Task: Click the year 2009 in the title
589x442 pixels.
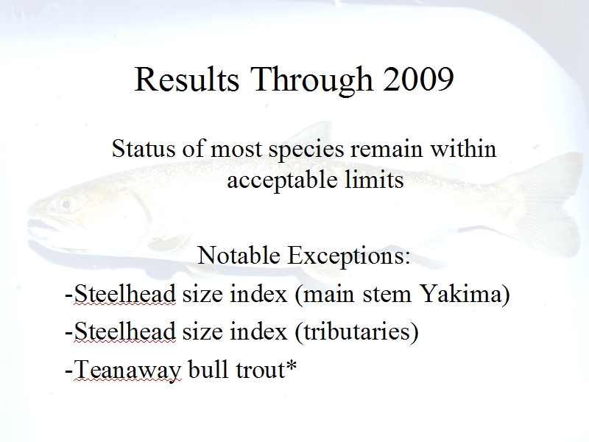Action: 418,80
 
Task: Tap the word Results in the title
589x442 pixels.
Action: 187,80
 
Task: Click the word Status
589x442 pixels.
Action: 144,149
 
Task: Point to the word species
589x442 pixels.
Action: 306,150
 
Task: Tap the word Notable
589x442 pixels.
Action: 239,256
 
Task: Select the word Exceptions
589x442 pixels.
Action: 349,256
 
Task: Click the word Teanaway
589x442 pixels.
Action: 128,371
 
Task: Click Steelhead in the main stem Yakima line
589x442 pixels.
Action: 124,293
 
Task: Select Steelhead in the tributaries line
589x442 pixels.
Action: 124,332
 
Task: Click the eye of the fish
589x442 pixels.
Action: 66,205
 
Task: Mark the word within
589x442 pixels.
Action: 463,149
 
